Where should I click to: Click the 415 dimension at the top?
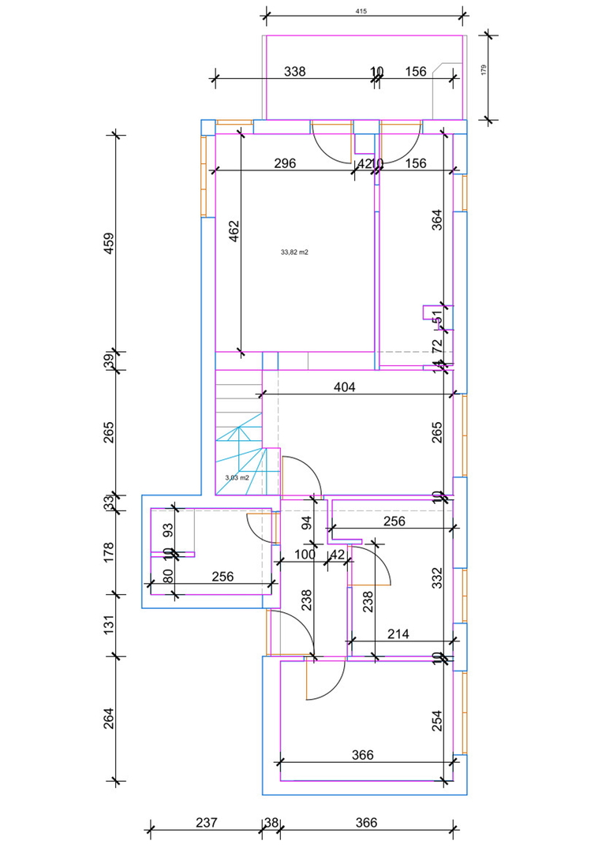[362, 12]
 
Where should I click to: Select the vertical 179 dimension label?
[484, 69]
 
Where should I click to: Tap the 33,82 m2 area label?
[294, 252]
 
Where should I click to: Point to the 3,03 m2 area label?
[237, 477]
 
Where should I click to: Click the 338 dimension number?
[294, 72]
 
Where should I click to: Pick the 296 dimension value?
[285, 164]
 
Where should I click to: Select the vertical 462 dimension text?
[234, 234]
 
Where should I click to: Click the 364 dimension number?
[438, 219]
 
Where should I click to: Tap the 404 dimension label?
[346, 387]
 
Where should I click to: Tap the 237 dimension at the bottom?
[206, 823]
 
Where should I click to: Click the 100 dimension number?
[305, 555]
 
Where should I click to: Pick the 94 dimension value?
[307, 521]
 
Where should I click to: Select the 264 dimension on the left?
[110, 719]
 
